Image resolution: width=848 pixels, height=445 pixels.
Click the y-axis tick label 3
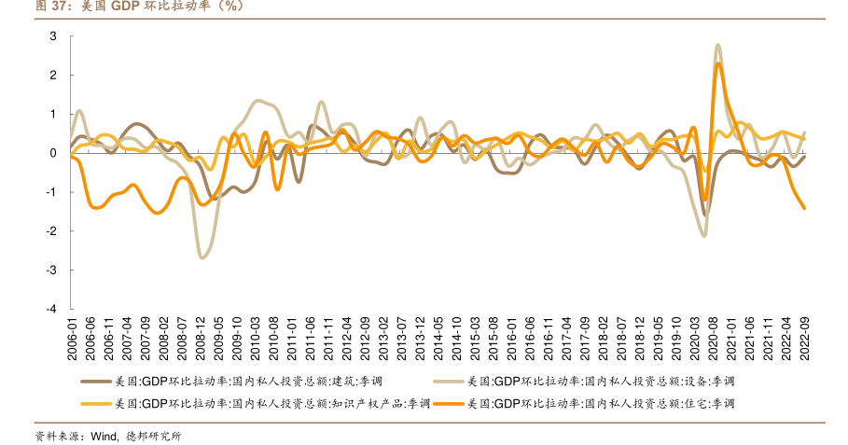click(53, 36)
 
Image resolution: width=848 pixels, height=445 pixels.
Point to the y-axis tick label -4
click(51, 309)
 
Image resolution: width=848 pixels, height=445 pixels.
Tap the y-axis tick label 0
click(53, 153)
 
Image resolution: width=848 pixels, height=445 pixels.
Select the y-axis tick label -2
click(51, 231)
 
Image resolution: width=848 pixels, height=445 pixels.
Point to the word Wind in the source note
click(104, 436)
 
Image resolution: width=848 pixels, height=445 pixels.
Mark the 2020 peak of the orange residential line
click(718, 63)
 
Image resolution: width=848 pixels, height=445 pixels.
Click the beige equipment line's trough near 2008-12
click(202, 257)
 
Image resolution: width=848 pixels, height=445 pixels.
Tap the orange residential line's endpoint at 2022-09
click(805, 208)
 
